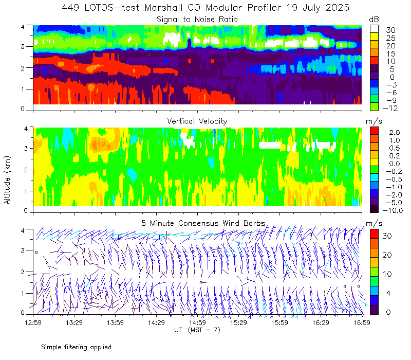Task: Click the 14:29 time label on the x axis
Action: pos(156,322)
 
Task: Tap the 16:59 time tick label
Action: pos(362,322)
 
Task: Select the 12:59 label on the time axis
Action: pos(33,322)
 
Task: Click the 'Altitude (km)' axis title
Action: pos(7,180)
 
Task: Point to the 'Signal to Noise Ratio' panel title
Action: pos(197,20)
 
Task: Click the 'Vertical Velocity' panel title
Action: pos(197,121)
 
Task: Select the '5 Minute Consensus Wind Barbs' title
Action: pos(203,223)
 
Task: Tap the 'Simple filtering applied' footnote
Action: pos(76,347)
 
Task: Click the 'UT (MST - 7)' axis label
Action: pos(197,330)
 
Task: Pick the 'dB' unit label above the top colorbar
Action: pos(374,20)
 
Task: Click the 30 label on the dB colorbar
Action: pos(390,30)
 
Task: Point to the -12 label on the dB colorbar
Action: pos(390,108)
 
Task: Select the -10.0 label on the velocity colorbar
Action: pos(393,210)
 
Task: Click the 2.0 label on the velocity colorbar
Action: pos(395,132)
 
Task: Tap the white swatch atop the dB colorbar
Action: pos(374,29)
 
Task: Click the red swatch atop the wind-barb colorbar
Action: pos(374,234)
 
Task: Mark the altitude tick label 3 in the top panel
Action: pos(23,46)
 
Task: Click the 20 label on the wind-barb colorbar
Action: pos(387,255)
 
